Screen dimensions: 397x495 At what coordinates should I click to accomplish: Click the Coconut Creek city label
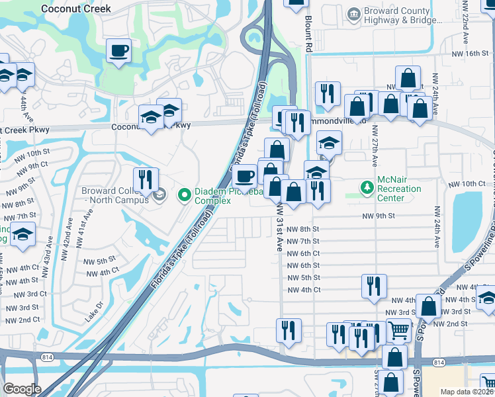[75, 9]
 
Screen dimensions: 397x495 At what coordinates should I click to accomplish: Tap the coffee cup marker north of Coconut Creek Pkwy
[118, 51]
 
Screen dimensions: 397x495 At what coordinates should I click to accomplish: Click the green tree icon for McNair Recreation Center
[367, 188]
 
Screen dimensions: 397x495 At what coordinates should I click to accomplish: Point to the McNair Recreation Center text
[399, 189]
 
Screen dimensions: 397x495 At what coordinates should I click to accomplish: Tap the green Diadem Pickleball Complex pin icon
[185, 195]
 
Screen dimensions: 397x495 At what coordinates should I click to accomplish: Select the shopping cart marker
[398, 330]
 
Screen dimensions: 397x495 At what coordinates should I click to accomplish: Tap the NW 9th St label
[379, 216]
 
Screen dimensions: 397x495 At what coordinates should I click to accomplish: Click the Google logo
[22, 389]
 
